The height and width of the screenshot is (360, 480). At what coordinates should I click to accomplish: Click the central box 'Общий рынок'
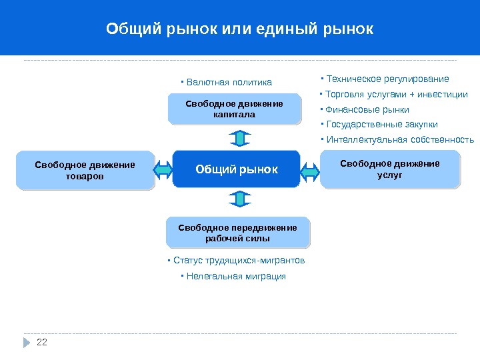point(236,169)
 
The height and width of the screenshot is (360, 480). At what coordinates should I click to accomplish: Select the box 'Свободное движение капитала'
point(234,109)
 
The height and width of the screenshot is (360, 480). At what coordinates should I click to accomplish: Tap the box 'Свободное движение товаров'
point(85,171)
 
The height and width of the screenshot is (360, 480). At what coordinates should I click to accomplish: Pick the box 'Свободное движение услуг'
point(390,169)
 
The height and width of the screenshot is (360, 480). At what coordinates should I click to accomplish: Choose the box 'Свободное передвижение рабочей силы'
point(237,233)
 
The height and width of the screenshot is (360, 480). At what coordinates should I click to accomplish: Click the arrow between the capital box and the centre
point(240,138)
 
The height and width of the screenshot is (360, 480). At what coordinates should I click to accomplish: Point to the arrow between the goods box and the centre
point(163,171)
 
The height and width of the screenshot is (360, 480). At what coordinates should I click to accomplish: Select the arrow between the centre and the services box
point(310,171)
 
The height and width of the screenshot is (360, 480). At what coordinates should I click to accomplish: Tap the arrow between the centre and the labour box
point(240,199)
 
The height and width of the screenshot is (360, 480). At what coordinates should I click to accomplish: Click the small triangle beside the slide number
point(27,343)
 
